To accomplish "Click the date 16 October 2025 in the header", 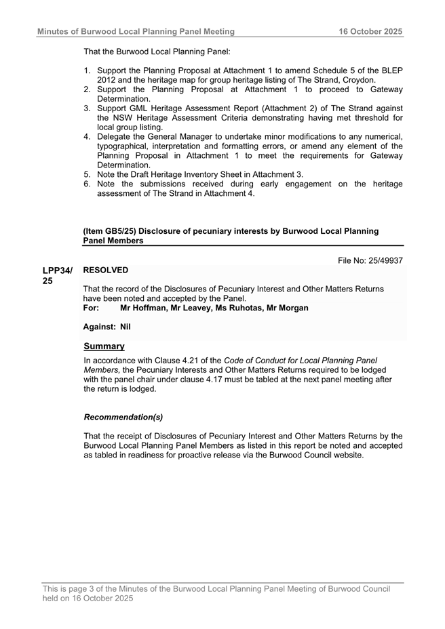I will (371, 31).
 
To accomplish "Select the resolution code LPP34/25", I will (57, 275).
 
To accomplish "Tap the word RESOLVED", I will (105, 270).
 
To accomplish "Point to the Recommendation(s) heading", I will (123, 417).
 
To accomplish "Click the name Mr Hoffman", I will (144, 308).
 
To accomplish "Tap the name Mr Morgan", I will (288, 308).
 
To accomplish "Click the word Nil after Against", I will (125, 327).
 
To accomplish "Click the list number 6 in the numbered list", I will (87, 184).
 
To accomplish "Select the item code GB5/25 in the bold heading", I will (118, 231).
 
